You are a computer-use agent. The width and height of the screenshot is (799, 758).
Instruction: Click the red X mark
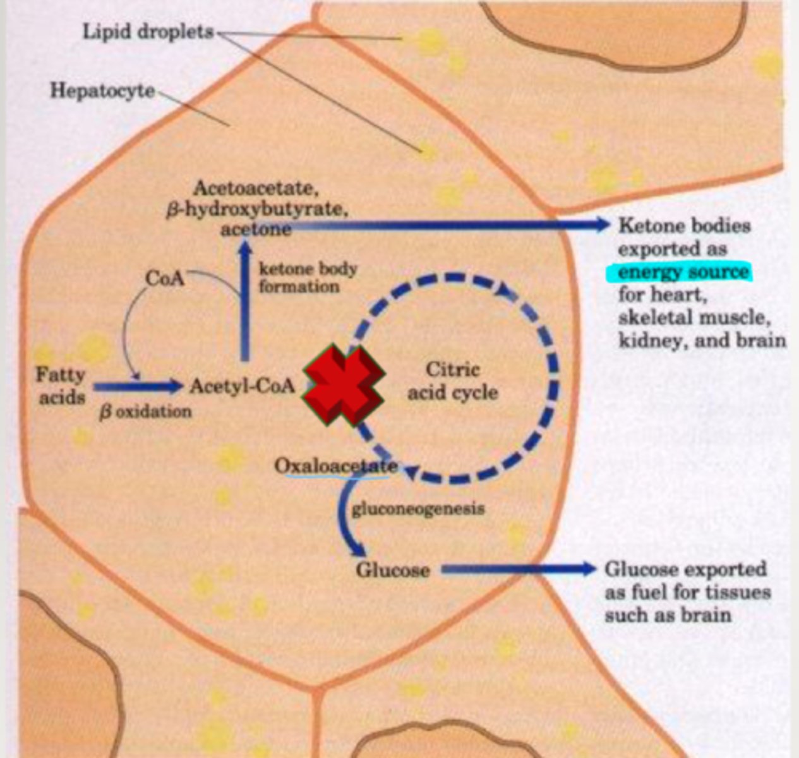point(344,385)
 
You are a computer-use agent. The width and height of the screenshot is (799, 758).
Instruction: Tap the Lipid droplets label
point(148,32)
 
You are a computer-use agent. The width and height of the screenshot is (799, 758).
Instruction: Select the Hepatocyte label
point(102,91)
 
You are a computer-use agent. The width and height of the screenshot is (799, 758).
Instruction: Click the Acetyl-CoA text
point(243,385)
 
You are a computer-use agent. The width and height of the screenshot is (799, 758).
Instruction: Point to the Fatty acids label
point(61,386)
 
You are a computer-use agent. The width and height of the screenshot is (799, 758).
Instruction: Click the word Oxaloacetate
point(336,466)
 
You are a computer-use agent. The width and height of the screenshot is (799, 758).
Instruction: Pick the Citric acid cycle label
point(452,381)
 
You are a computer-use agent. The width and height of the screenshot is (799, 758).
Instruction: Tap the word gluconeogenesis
point(418,508)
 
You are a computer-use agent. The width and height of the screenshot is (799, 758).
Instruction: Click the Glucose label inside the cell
point(393,570)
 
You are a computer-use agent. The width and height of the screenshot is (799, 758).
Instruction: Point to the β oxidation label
point(145,412)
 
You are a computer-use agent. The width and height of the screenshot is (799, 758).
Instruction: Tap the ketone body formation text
point(308,278)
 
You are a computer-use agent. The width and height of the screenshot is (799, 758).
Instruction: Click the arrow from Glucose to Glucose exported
point(518,570)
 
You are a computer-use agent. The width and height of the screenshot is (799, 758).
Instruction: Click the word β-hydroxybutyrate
point(256,209)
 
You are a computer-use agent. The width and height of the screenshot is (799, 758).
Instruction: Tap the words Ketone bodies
point(685,226)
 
